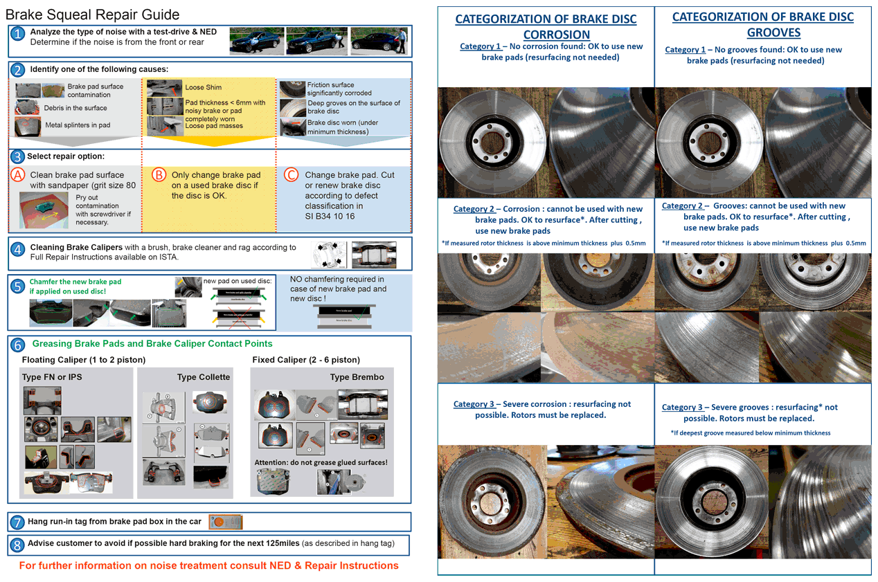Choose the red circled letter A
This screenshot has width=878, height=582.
[19, 175]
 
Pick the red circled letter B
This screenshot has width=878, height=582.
[159, 175]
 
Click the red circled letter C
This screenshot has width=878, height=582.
[292, 175]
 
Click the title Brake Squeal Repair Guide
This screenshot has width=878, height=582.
[92, 15]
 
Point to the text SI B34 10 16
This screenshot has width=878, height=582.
[330, 216]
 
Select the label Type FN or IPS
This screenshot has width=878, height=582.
[52, 376]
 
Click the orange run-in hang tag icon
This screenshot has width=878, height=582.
[225, 522]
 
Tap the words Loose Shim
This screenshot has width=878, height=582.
[204, 87]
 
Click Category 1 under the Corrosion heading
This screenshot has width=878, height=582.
[480, 46]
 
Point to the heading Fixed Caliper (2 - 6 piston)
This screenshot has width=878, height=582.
[306, 360]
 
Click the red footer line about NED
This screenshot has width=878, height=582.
[208, 565]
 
